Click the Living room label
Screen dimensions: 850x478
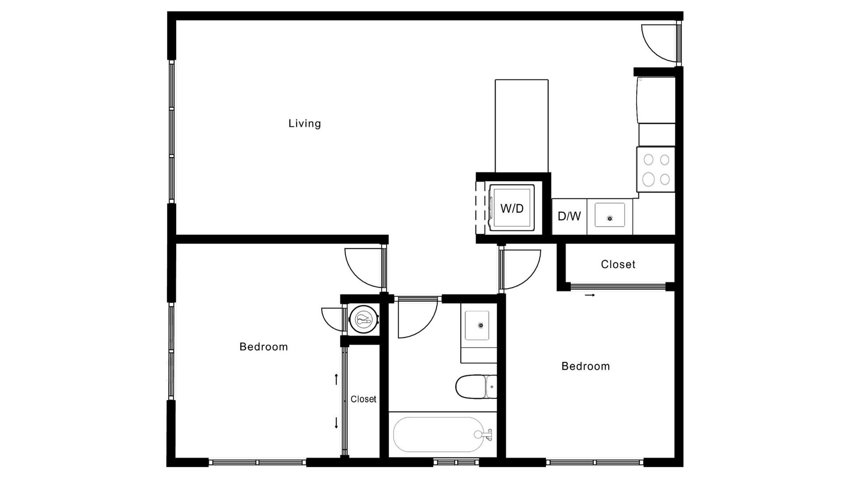point(305,123)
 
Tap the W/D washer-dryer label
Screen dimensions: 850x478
point(512,208)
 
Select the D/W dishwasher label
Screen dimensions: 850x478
point(569,216)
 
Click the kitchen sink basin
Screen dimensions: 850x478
point(610,215)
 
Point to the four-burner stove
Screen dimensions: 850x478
point(656,170)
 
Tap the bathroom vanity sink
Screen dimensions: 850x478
point(477,325)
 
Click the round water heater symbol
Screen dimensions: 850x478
point(363,319)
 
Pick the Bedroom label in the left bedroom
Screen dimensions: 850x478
point(263,347)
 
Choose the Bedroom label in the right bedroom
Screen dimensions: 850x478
point(586,366)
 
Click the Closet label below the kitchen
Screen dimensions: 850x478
point(618,264)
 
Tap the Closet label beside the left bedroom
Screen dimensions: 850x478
point(363,399)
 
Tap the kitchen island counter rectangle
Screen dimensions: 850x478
point(522,126)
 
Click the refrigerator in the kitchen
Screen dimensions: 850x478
point(656,100)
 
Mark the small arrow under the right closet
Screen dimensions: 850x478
point(590,295)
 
